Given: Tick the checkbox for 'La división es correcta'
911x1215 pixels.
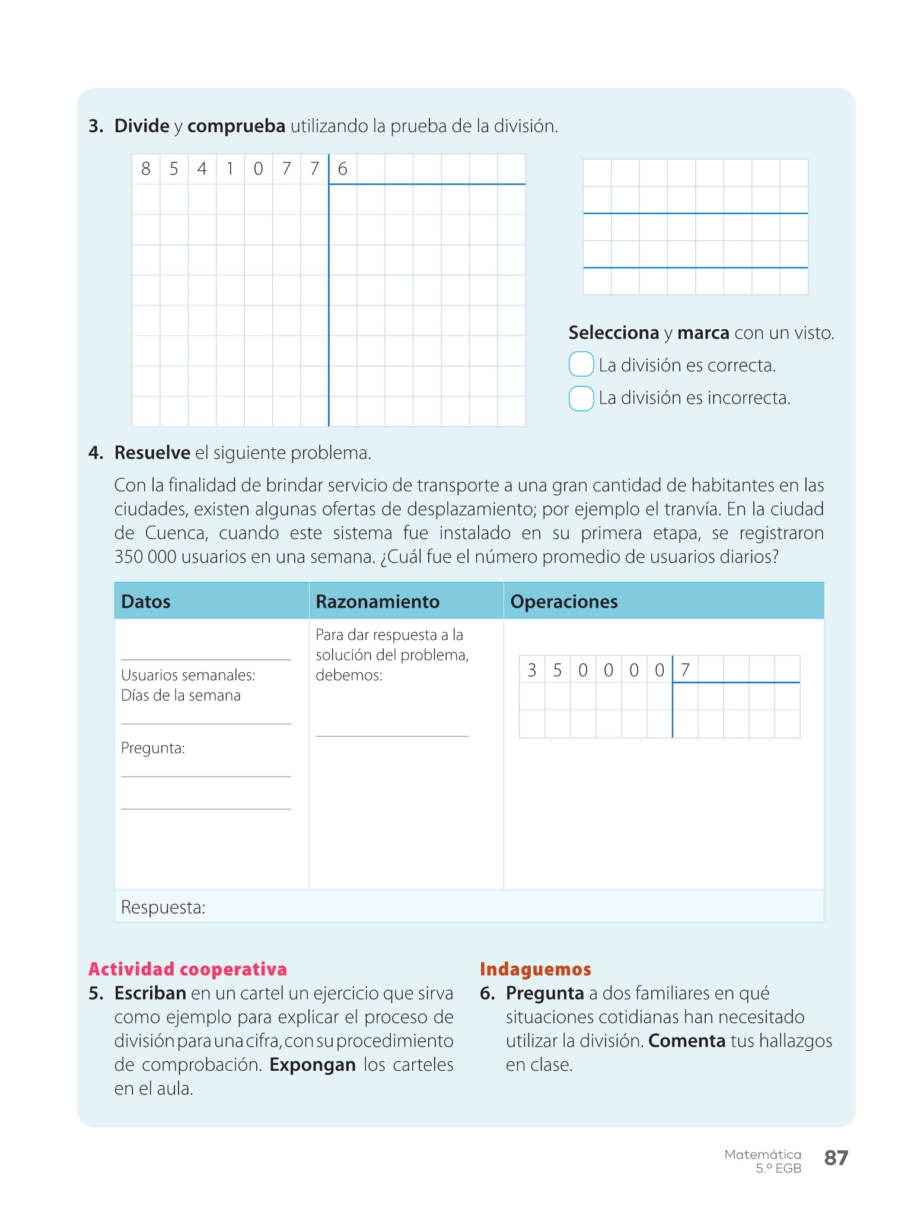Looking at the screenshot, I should coord(581,364).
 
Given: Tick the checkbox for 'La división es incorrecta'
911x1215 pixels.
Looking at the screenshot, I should coord(581,398).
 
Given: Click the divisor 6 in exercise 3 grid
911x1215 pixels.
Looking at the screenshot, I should coord(343,169).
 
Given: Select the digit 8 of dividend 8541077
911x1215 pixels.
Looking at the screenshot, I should coord(146,169).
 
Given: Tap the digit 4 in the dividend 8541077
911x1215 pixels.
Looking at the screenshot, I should coord(202,169).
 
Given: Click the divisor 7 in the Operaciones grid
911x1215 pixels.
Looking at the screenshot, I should coord(685,670).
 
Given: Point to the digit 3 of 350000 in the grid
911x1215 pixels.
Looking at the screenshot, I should coord(532,670).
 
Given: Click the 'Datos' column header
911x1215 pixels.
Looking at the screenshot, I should coord(146,602).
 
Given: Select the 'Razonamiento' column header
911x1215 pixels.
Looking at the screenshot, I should coord(377,602).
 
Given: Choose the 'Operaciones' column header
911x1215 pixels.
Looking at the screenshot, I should coord(564,602).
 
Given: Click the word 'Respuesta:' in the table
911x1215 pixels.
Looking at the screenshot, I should coord(163,907).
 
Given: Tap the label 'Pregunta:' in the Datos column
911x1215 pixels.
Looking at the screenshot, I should coord(153,748).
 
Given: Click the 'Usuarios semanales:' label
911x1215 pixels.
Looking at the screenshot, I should coord(188,675).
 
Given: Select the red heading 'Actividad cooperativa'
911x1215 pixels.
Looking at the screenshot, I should coord(187,969).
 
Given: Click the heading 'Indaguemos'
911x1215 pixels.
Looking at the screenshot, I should coord(536,969).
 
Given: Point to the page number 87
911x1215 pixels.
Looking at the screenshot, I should coord(836,1157).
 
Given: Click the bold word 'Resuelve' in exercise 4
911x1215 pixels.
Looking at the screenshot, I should coord(152,453).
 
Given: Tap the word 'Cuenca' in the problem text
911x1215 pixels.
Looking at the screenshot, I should coord(176,533).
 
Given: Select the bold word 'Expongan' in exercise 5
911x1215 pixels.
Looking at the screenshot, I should coord(313,1065).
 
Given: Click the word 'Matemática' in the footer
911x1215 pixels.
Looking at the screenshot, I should coord(763,1154).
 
